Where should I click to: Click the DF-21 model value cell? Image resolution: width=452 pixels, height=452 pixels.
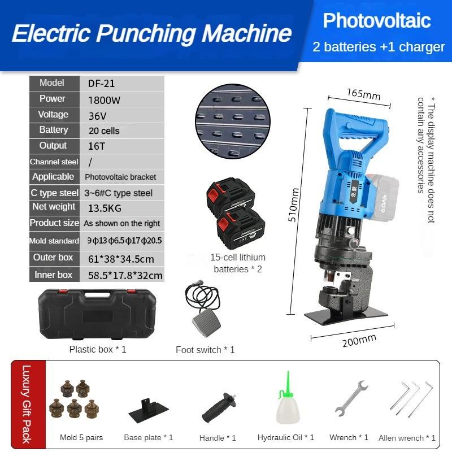[102, 84]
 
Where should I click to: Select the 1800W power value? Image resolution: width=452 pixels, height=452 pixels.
[105, 100]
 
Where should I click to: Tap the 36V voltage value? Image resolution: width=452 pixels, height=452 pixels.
[97, 116]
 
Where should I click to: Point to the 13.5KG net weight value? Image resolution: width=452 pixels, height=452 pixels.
[105, 207]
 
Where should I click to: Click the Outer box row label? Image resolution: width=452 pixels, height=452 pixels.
[53, 258]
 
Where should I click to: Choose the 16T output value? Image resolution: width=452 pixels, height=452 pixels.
[97, 146]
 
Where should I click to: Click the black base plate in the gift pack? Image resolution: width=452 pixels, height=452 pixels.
[149, 407]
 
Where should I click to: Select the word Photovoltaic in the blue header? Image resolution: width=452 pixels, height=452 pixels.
[377, 21]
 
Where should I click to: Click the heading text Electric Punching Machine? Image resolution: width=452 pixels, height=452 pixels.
[151, 34]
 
